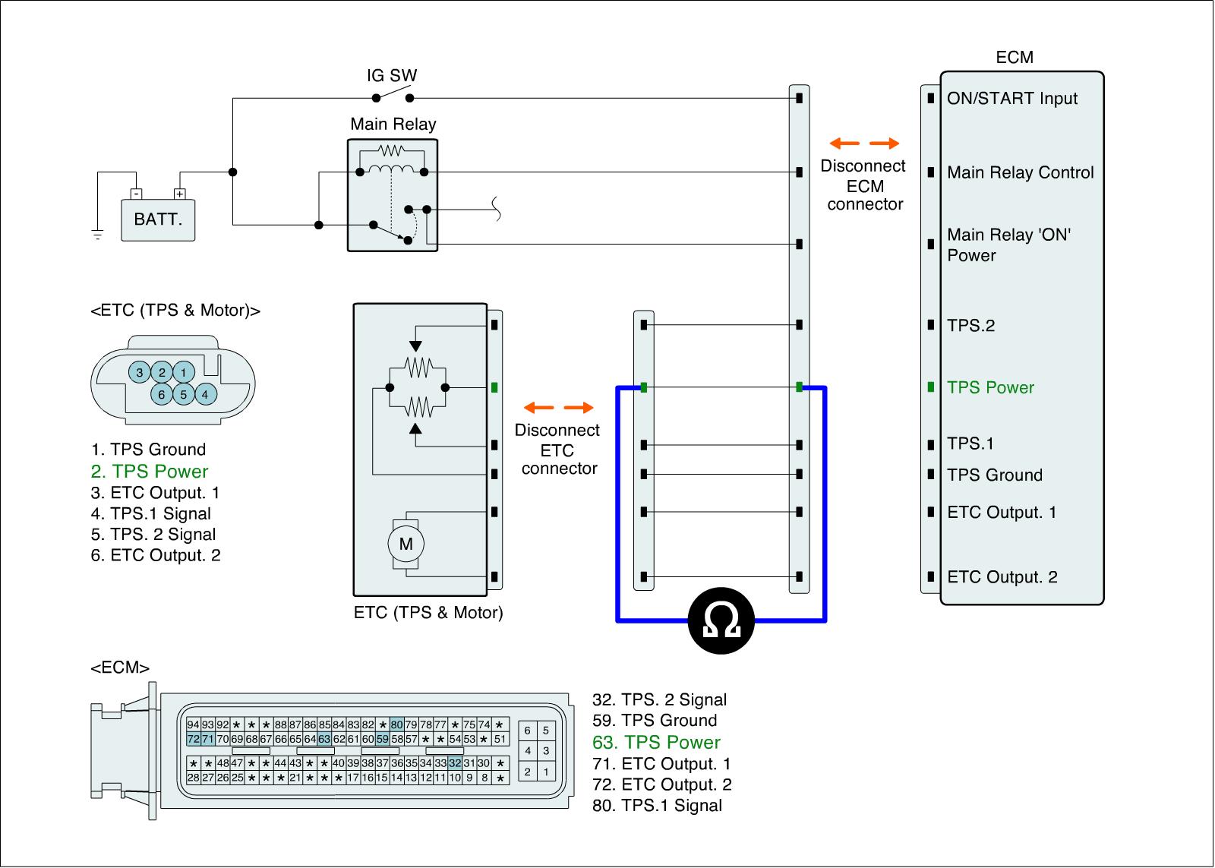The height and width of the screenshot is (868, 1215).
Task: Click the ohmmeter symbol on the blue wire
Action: [721, 620]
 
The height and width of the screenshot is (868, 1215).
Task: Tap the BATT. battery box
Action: [158, 220]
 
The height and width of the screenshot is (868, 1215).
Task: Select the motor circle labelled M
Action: [406, 544]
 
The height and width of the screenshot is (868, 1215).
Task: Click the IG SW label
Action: [392, 76]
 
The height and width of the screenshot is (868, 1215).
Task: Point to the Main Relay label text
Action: [393, 124]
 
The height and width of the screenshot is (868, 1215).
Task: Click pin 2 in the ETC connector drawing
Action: [162, 372]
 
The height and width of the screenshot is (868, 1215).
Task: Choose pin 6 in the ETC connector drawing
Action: [162, 395]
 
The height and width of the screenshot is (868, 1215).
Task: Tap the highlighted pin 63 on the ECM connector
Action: [324, 739]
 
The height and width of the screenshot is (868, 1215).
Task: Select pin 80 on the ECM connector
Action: [396, 724]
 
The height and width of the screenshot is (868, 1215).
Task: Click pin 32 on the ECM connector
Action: [455, 763]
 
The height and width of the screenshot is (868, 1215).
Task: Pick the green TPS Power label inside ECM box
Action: [990, 387]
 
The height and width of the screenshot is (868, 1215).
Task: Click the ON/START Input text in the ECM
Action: [1011, 99]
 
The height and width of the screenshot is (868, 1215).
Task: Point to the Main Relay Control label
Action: [1020, 172]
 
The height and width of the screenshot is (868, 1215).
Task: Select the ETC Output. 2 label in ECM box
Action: [1002, 577]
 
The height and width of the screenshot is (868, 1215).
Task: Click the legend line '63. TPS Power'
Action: [656, 742]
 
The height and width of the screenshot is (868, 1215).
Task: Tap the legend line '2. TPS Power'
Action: [149, 471]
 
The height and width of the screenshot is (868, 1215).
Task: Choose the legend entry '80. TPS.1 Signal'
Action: [657, 806]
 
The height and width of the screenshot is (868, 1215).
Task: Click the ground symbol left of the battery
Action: [97, 235]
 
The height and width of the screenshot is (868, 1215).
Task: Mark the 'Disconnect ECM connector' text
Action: [863, 185]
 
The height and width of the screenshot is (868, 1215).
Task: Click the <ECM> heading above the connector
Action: [120, 668]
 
